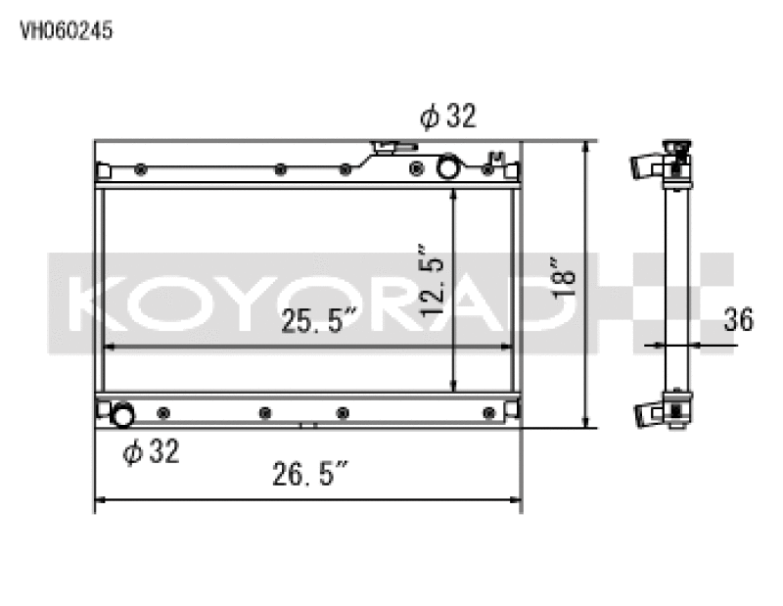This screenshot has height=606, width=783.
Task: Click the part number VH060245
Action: click(x=67, y=30)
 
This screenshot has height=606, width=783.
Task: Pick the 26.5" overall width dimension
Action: click(x=310, y=477)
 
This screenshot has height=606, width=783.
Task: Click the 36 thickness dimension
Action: click(x=739, y=319)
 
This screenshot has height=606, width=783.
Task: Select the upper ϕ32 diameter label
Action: click(x=448, y=117)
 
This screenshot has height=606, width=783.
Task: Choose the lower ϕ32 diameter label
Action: click(x=151, y=452)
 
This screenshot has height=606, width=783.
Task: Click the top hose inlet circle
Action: click(x=448, y=166)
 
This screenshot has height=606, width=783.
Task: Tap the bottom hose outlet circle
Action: click(x=122, y=415)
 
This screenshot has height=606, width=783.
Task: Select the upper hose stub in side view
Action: click(x=648, y=165)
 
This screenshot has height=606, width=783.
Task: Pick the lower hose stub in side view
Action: click(x=648, y=415)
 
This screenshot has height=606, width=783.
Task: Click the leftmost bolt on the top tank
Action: click(x=142, y=169)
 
